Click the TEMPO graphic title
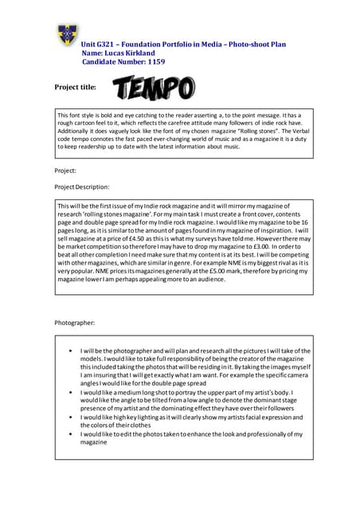153,88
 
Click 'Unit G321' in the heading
99,42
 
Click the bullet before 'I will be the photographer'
72,351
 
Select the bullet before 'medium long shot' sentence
72,394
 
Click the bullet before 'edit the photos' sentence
72,434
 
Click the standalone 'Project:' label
65,171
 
